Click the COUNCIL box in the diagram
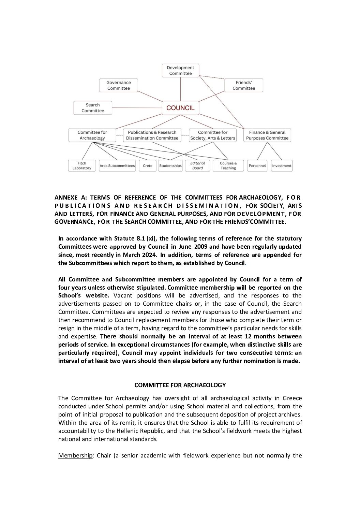coord(180,108)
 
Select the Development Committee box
coord(180,70)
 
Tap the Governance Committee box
coord(119,85)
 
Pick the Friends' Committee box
coord(244,85)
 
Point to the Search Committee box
coord(93,108)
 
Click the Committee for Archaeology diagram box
coord(92,135)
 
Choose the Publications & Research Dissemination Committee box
coord(152,135)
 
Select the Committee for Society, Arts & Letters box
coord(213,135)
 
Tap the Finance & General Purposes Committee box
coord(267,135)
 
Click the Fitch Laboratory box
coord(82,166)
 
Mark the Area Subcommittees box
coord(117,166)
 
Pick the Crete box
coord(148,166)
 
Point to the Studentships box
coord(170,166)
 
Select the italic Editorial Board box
coord(197,166)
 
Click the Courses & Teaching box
coord(228,166)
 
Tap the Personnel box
coord(257,166)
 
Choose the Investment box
coord(282,166)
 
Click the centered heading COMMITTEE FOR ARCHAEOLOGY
coord(180,385)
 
